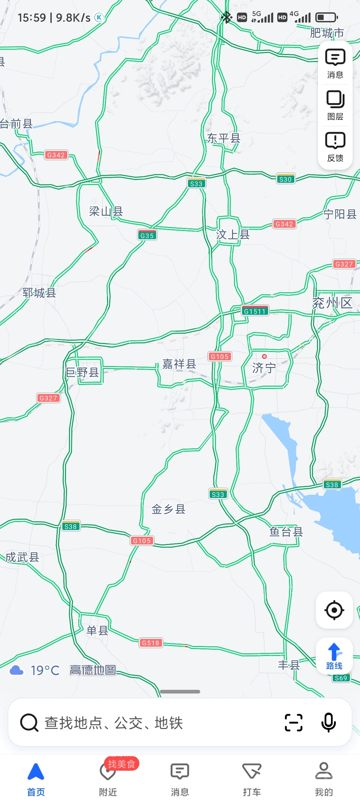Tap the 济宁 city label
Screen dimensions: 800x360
click(264, 368)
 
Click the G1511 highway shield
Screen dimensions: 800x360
click(255, 311)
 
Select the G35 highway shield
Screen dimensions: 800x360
click(147, 235)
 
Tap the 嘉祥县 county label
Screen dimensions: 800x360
click(179, 364)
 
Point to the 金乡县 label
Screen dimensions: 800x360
click(168, 509)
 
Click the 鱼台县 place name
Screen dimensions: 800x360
click(286, 532)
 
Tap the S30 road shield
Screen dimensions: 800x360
click(285, 179)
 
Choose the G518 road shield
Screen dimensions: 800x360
click(151, 643)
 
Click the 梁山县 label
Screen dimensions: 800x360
click(106, 211)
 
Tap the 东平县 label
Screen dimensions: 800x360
click(224, 138)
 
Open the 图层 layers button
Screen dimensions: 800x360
click(335, 105)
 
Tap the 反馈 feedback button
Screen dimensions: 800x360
click(335, 147)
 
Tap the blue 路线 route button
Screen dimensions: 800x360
click(334, 656)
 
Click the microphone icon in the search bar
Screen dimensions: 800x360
click(328, 722)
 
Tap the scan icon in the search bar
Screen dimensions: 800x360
click(294, 722)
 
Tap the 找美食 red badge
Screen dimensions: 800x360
click(121, 764)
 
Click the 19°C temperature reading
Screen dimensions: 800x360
click(45, 670)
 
